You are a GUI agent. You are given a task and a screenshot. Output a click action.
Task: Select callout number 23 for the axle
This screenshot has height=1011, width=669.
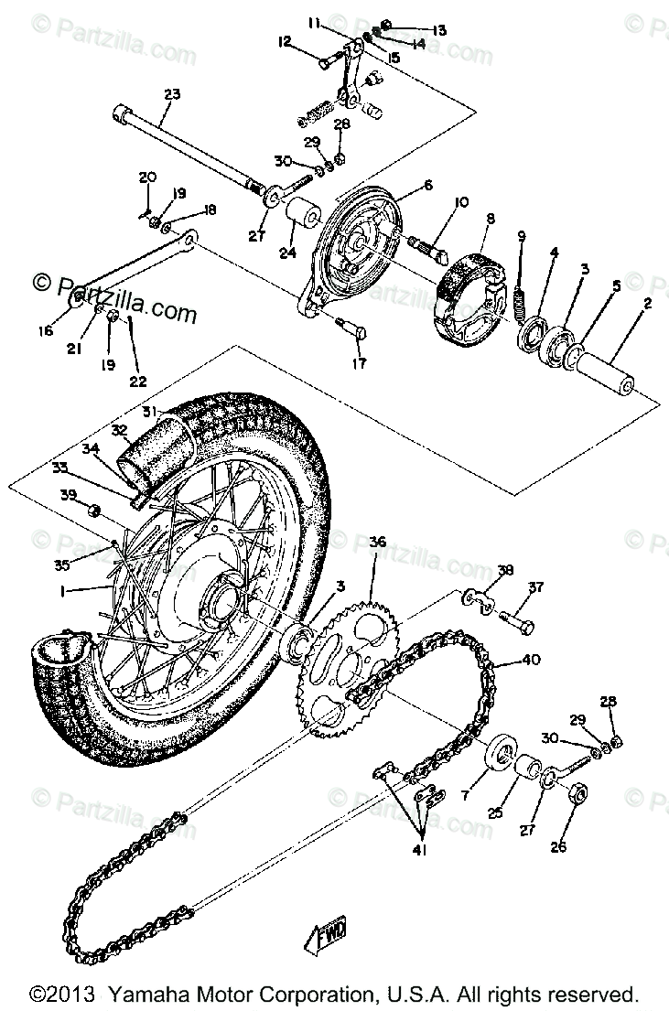coord(172,93)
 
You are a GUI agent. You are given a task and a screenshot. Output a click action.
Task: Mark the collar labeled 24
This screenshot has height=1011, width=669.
coord(302,220)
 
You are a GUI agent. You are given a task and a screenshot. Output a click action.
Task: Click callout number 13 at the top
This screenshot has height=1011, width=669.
coord(439,30)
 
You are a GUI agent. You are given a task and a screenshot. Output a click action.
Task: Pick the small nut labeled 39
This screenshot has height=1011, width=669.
coord(96,510)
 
